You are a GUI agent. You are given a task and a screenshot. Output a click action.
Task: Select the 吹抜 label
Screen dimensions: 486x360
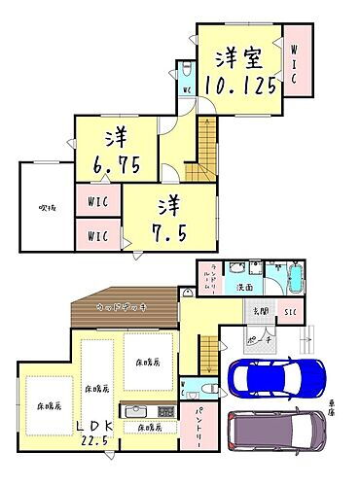coord(46,206)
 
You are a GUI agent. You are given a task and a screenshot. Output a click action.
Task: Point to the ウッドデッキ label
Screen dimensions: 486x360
coord(121,307)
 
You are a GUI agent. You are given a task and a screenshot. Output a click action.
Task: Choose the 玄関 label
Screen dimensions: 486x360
coord(261,311)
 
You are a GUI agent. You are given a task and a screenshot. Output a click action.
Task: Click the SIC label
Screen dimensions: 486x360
coord(289,311)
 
